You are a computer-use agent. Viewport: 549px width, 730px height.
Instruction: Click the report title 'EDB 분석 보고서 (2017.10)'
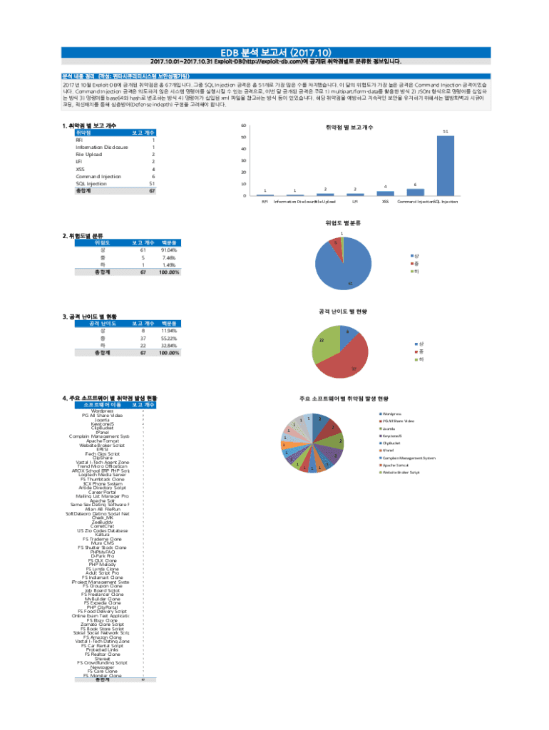point(274,52)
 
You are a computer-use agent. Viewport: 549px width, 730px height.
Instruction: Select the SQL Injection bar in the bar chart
point(446,165)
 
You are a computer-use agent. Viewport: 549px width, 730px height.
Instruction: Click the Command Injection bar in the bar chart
point(416,192)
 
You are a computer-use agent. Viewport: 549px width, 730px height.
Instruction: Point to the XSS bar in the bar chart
point(385,193)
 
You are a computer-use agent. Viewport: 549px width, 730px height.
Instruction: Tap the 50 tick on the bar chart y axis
point(245,137)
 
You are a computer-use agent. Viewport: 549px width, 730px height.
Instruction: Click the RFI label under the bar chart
point(265,202)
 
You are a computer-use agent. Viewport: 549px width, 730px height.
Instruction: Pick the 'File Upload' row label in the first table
point(89,154)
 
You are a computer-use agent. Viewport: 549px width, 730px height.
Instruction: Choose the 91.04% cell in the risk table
point(169,250)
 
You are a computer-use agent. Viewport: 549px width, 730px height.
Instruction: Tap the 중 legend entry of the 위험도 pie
point(416,264)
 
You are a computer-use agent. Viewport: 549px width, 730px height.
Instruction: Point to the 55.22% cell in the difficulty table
point(169,338)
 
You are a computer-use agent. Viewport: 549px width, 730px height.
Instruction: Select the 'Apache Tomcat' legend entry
point(394,465)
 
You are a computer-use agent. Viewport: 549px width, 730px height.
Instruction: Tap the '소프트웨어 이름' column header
point(99,405)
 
